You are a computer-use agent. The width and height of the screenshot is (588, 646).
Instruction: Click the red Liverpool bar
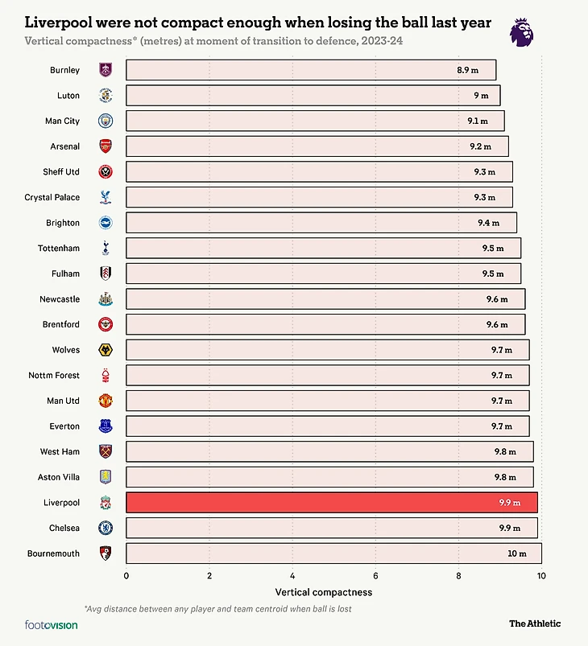click(331, 503)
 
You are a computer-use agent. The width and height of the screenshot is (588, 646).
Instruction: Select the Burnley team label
click(64, 70)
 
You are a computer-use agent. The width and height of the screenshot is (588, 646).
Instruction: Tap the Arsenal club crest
click(106, 146)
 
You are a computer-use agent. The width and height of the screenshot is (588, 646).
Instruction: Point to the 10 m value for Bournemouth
click(516, 553)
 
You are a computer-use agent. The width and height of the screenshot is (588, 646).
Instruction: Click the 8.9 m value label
click(467, 70)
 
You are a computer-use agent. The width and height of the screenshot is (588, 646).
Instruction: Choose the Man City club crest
click(106, 121)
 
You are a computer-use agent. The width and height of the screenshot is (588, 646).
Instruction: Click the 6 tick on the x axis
click(375, 576)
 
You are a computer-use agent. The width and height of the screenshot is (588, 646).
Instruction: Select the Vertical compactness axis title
click(333, 592)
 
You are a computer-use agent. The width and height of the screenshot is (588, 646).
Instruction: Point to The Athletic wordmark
click(534, 623)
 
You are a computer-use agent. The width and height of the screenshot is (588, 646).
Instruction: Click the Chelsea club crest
click(106, 529)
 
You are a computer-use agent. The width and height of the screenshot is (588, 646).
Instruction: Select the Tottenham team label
click(59, 249)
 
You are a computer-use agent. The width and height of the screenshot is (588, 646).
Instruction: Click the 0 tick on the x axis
click(126, 576)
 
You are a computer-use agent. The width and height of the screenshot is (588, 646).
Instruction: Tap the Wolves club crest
click(106, 350)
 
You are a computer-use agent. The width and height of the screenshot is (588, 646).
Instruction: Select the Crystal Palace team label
click(52, 197)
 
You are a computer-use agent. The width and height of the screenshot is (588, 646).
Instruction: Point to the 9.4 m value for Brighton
click(488, 223)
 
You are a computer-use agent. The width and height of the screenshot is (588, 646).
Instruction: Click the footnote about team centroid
click(217, 609)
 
